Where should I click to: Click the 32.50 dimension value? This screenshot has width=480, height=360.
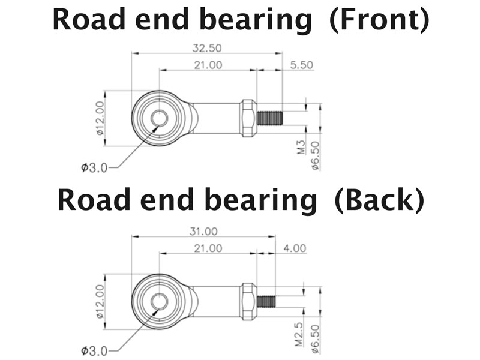tap(206, 47)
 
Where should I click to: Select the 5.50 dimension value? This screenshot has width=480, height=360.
tap(301, 65)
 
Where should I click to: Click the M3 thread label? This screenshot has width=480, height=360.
tap(302, 148)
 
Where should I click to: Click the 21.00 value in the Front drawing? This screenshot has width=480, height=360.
tap(208, 65)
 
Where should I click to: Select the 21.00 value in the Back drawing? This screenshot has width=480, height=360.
tap(208, 248)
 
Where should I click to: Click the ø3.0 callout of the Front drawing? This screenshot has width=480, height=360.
tap(94, 167)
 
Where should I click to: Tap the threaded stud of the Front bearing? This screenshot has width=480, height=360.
tap(269, 117)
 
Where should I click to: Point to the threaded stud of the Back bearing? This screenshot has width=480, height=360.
tap(266, 301)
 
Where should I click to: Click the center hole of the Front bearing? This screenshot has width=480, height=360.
tap(160, 118)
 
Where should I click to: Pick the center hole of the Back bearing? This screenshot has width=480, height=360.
tap(160, 301)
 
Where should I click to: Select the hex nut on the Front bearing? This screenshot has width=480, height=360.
tap(247, 118)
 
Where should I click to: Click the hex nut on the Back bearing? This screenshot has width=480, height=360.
tap(247, 301)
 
